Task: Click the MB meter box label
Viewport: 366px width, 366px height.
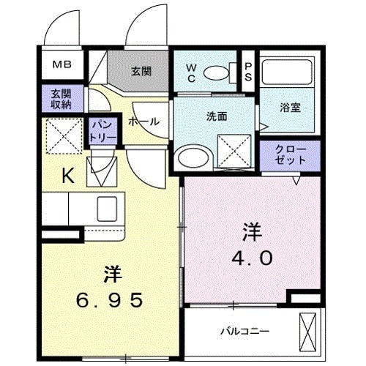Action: pos(61,64)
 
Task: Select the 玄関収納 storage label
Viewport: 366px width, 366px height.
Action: pos(61,98)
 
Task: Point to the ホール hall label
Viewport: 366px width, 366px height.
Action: pos(143,122)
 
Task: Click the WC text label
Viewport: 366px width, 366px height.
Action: pos(190,72)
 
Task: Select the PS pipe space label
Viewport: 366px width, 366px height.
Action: pos(249,72)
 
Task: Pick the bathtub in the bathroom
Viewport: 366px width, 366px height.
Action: pos(291,71)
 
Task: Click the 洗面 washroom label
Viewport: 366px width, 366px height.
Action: pos(216,116)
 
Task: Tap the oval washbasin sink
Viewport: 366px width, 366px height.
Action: pos(194,156)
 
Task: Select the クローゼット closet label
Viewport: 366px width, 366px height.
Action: pos(291,154)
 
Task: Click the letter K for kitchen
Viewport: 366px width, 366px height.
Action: pos(67,175)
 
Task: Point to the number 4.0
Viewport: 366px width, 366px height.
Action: pos(253,258)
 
